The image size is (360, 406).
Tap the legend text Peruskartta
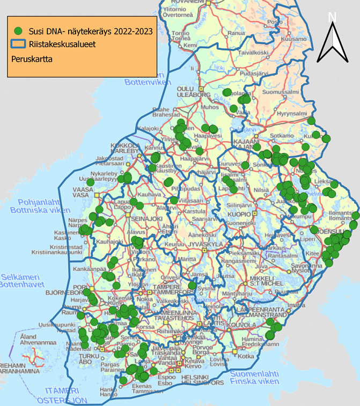click(31, 60)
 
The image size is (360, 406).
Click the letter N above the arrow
click(332, 17)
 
